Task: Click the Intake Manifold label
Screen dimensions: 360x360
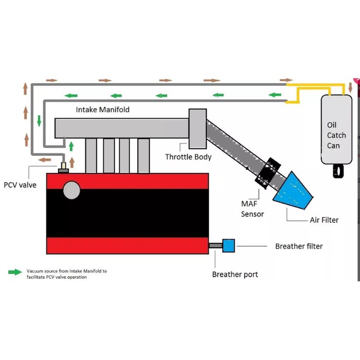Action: (103, 110)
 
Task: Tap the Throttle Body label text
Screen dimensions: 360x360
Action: (188, 157)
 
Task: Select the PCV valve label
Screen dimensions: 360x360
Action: (20, 185)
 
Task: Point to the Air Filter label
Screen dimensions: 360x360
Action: (324, 220)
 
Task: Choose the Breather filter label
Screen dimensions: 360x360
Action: (299, 246)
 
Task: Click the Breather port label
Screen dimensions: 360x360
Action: (235, 275)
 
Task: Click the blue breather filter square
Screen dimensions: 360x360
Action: (228, 246)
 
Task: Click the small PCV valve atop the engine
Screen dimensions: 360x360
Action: (64, 168)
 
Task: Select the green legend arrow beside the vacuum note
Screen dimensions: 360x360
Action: (15, 272)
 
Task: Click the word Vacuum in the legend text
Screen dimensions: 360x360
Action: (35, 271)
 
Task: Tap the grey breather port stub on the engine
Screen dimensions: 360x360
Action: (215, 246)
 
